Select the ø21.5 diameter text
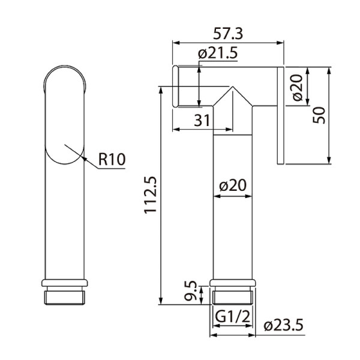[219, 55]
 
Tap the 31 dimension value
[202, 120]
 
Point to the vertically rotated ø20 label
[295, 87]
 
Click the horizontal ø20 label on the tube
[235, 185]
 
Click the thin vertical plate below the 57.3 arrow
[280, 114]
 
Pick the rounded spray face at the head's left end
[175, 87]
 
